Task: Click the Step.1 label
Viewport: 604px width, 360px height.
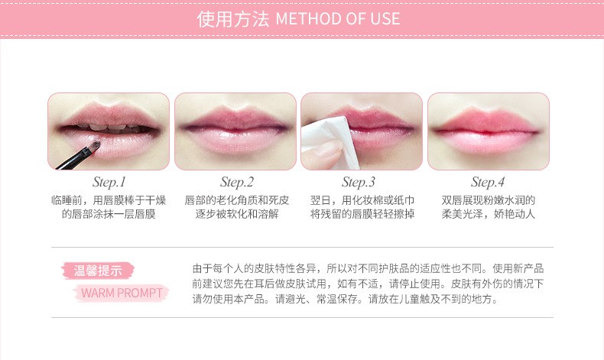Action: (x=109, y=182)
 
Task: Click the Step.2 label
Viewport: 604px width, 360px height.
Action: (x=236, y=182)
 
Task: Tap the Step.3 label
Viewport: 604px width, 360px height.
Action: (x=359, y=182)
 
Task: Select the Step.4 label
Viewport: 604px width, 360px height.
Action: (x=488, y=182)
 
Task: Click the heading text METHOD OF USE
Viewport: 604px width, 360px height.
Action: (x=337, y=19)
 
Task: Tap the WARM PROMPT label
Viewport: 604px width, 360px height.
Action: (x=122, y=293)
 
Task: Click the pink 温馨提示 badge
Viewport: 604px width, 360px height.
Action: (x=97, y=270)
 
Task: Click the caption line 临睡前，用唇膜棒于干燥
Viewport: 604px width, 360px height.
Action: (x=109, y=200)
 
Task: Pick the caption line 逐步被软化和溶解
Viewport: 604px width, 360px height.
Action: (x=236, y=214)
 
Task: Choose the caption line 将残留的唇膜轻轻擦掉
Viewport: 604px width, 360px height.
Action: (x=362, y=214)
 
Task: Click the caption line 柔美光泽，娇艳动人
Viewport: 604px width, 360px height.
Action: (x=489, y=214)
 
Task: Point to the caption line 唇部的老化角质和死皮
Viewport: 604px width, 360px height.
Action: (x=236, y=200)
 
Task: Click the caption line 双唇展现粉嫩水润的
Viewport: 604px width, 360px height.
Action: (x=489, y=200)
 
